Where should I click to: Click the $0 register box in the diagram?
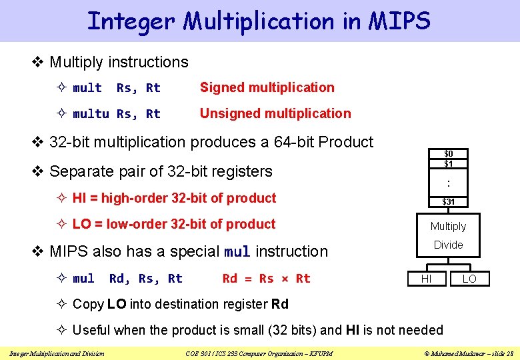(449, 153)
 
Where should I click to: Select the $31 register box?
(449, 201)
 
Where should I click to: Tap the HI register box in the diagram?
(426, 279)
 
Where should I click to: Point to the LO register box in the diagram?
(469, 279)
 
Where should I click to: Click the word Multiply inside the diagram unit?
(448, 227)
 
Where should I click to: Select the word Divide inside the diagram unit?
(448, 245)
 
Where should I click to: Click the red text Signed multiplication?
(267, 87)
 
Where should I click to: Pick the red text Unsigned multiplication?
(275, 113)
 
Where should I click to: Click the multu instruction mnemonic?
(91, 114)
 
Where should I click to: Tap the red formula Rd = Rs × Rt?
(266, 278)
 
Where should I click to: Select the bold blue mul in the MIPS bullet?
(237, 252)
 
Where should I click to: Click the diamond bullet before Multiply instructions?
(38, 62)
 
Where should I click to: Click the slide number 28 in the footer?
(509, 353)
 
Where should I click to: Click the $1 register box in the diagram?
(449, 163)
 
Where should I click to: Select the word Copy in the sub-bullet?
(87, 304)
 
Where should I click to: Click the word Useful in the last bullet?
(92, 330)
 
